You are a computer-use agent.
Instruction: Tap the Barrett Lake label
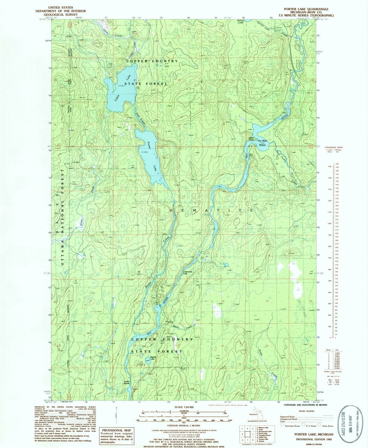(153, 358)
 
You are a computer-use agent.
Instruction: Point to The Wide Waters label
(263, 143)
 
